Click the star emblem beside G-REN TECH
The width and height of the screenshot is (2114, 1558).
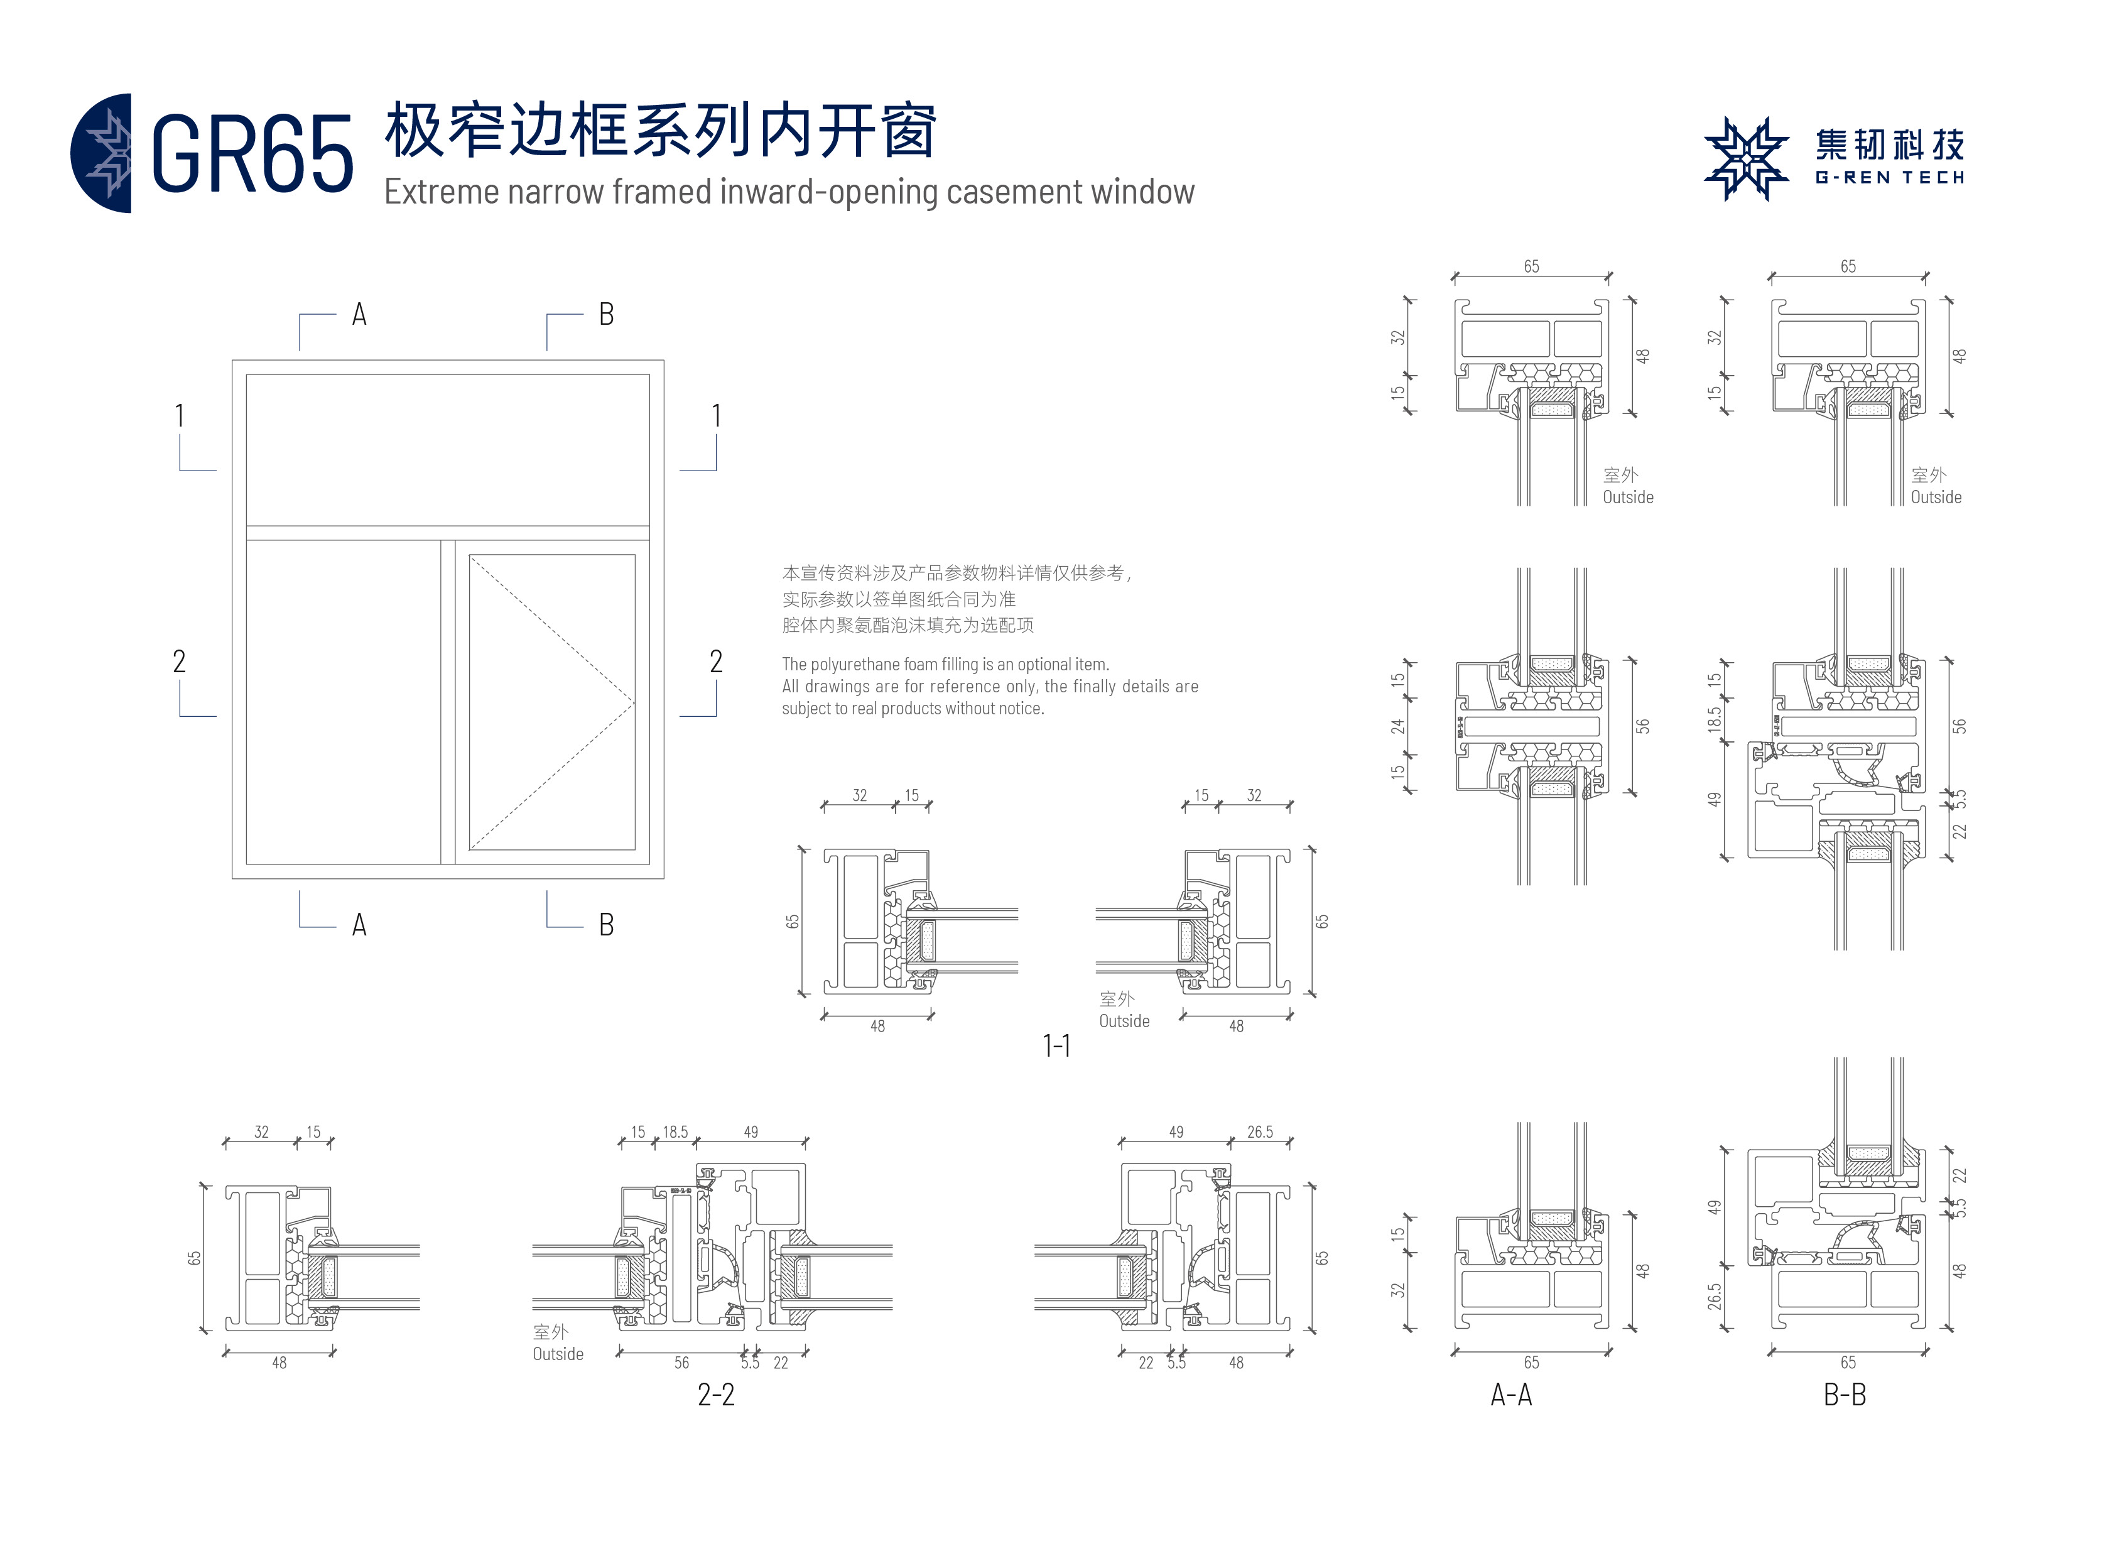1745,158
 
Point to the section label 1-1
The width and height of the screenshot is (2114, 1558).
1056,1045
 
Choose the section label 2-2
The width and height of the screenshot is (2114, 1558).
716,1394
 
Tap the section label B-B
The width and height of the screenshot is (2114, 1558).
1845,1394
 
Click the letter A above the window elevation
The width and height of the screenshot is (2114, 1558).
359,314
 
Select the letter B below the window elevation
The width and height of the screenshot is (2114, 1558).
606,924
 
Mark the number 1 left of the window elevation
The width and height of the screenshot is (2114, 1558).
179,416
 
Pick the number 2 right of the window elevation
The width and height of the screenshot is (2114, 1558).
716,661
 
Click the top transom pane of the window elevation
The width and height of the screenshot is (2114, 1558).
447,450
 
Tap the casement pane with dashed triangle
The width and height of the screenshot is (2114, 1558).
551,702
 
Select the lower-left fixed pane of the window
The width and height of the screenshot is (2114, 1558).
343,702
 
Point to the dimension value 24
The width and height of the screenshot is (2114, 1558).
1397,726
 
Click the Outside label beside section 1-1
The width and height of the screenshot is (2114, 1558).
1124,1020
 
